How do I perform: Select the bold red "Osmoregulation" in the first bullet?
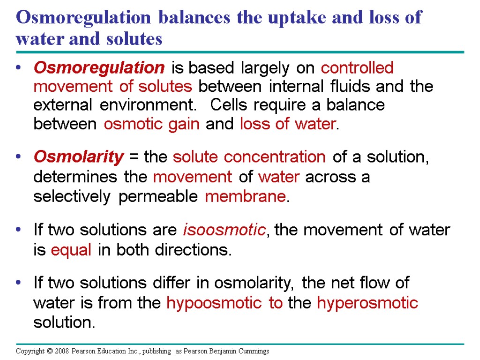99,68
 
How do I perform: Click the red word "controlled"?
357,68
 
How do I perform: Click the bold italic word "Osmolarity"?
78,157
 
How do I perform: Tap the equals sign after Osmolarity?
134,157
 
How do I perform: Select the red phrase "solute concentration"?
249,157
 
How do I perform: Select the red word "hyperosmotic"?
367,303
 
